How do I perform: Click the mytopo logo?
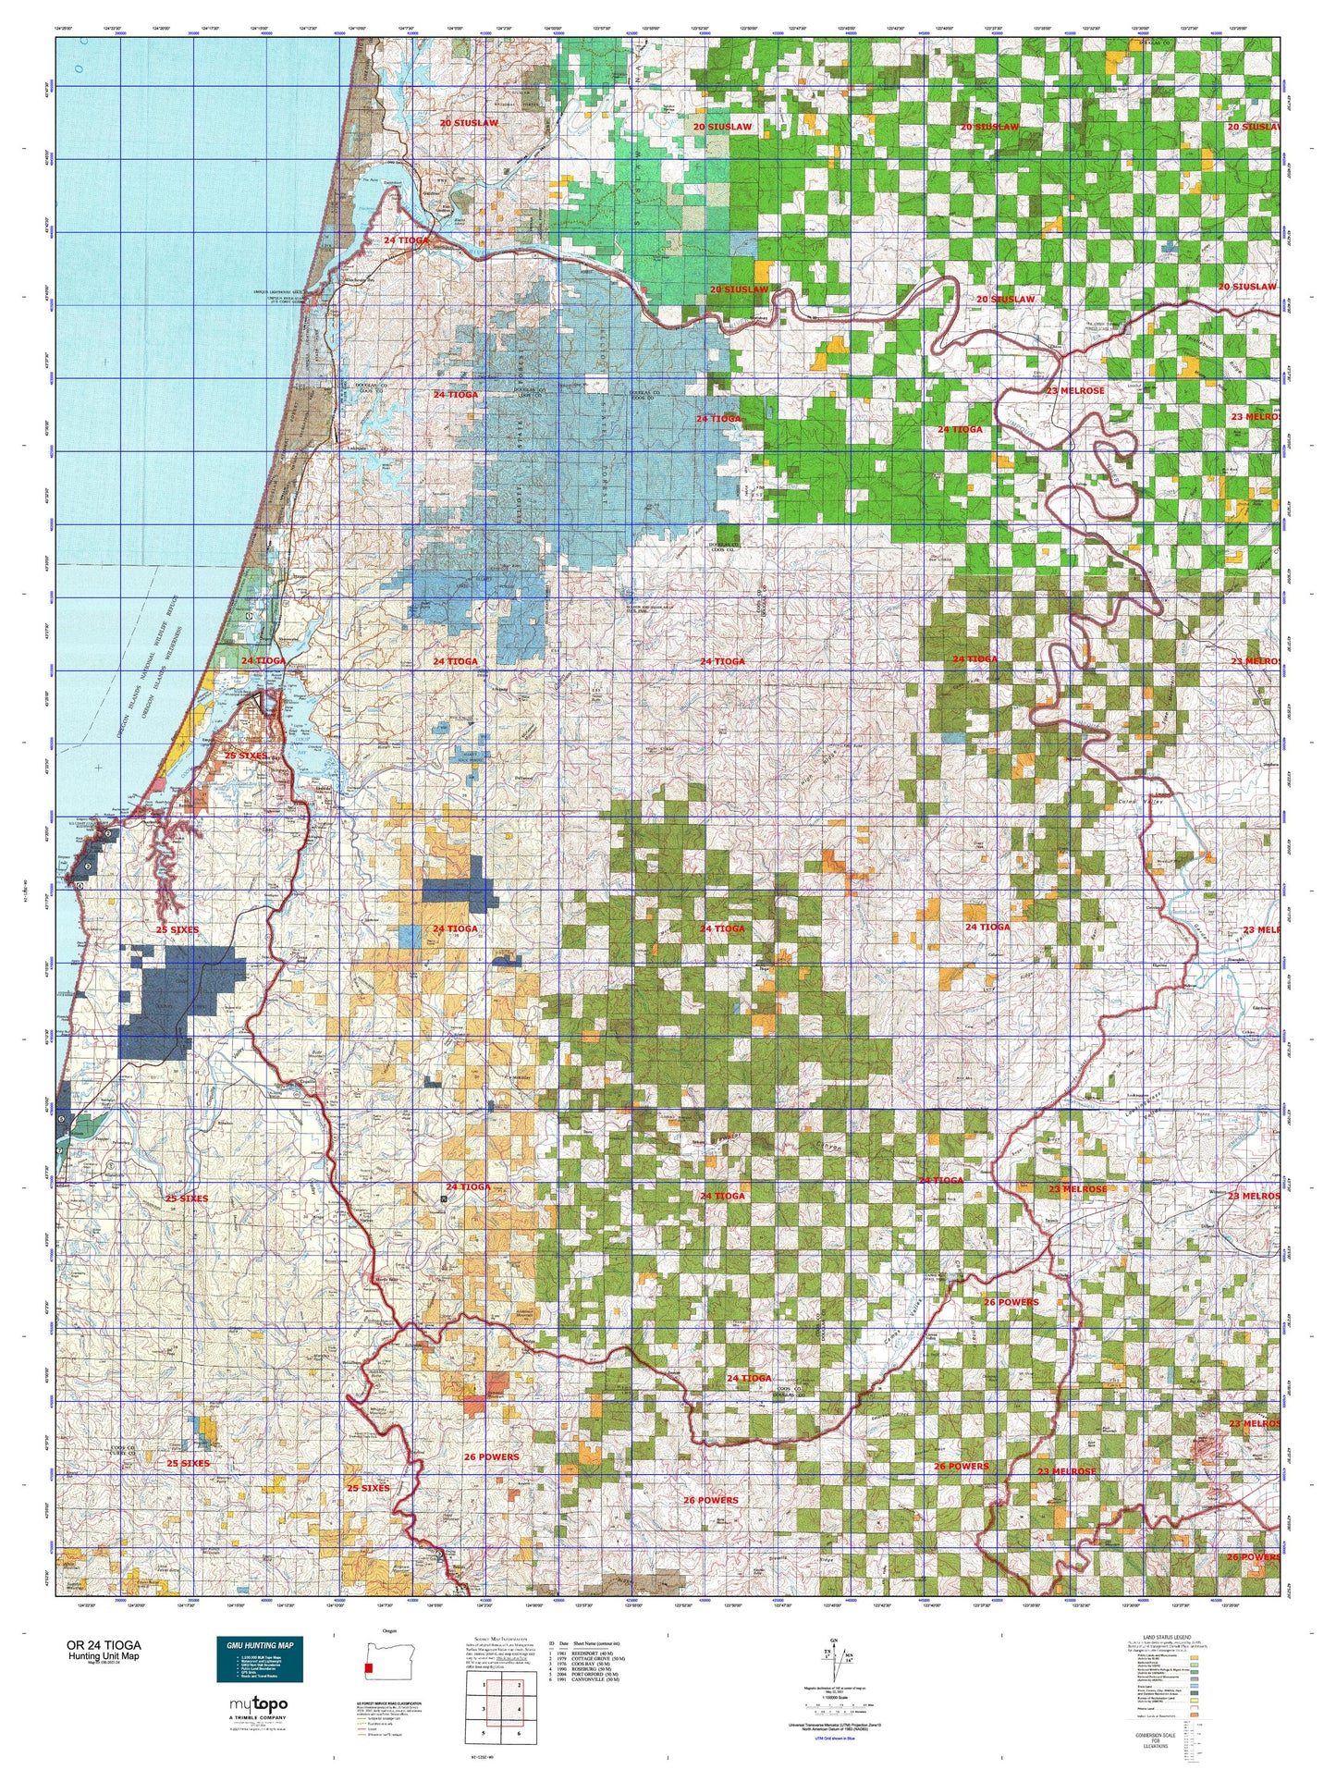point(258,1704)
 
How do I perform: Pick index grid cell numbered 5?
point(484,1733)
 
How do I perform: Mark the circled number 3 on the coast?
point(88,866)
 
